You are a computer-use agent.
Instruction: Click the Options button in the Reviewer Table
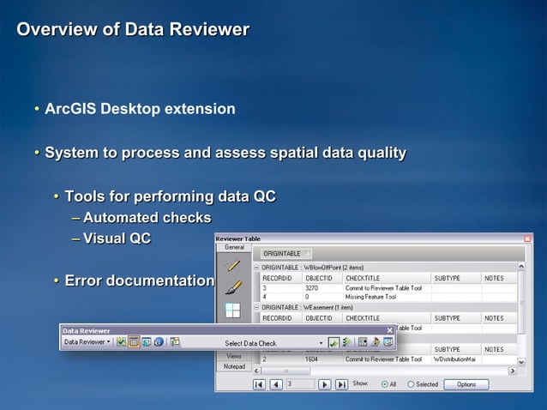coord(466,384)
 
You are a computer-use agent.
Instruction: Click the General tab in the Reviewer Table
coord(234,247)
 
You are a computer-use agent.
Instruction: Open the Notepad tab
coord(234,366)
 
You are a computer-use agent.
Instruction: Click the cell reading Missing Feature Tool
coord(371,298)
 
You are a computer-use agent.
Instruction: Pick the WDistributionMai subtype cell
coord(454,359)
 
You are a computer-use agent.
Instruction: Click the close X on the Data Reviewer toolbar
coord(389,330)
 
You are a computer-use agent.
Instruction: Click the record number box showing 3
coord(300,384)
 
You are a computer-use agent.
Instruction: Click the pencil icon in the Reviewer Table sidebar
coord(233,265)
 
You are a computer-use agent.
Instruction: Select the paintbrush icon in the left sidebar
coord(233,287)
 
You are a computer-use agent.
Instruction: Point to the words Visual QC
coord(117,238)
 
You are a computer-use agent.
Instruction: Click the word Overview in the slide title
coord(52,30)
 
